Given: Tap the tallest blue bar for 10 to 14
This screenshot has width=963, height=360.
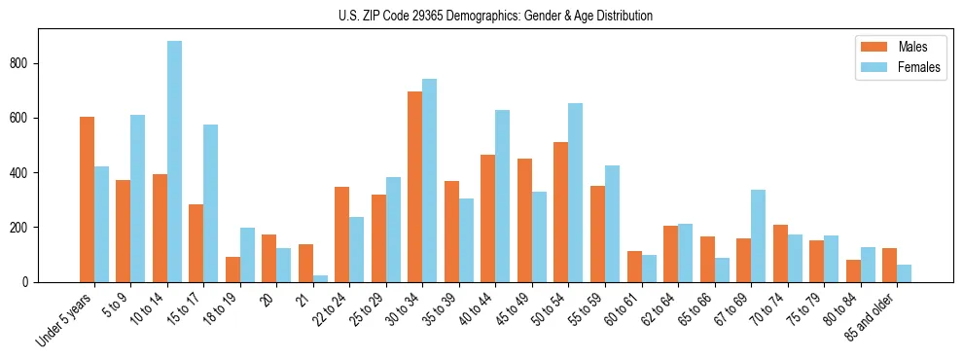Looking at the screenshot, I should pos(174,161).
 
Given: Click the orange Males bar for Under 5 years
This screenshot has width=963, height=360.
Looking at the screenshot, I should pos(87,199).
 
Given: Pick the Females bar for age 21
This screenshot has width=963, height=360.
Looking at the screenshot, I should pos(320,278).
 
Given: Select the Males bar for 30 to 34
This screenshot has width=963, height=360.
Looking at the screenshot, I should pos(415,187).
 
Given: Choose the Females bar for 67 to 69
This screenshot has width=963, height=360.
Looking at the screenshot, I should pos(758,235).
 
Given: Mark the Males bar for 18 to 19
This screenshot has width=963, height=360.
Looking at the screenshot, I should pos(232,270).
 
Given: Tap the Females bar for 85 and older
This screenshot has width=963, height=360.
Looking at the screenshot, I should pos(904,273).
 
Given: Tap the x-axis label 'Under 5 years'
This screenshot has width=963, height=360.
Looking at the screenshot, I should pos(66,320).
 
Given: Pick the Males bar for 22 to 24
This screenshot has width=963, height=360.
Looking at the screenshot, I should pos(342,234).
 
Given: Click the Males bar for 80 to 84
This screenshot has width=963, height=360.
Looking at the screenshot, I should pos(853,270).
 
